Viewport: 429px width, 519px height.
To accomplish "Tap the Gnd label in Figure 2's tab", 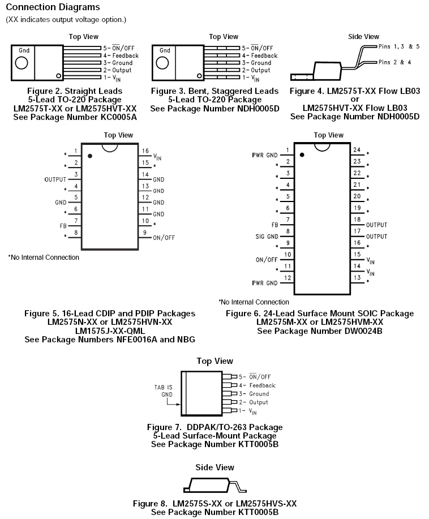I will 24,50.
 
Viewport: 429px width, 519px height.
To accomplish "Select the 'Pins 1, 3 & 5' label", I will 399,46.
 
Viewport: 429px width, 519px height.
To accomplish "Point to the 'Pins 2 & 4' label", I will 394,62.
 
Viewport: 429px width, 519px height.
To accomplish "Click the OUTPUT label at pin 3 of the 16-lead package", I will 55,179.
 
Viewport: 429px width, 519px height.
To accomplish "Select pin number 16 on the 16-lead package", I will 145,151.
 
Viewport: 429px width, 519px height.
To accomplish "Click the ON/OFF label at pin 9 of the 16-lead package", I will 164,238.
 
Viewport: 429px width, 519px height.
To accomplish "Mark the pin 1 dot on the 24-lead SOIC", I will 302,154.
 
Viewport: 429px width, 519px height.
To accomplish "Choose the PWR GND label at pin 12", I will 264,282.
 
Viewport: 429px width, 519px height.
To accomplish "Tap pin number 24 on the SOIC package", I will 357,150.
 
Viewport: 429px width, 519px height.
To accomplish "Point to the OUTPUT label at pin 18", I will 377,225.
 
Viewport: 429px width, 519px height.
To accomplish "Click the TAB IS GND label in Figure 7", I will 164,391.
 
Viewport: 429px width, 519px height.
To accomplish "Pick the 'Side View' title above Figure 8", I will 215,467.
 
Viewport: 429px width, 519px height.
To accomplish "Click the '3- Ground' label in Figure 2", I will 118,63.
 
